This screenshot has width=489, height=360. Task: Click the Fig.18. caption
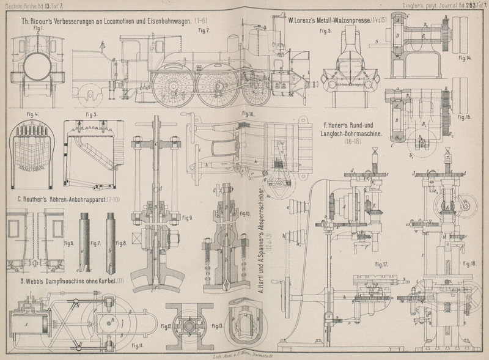pos(469,263)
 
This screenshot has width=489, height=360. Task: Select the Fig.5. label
pos(92,114)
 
